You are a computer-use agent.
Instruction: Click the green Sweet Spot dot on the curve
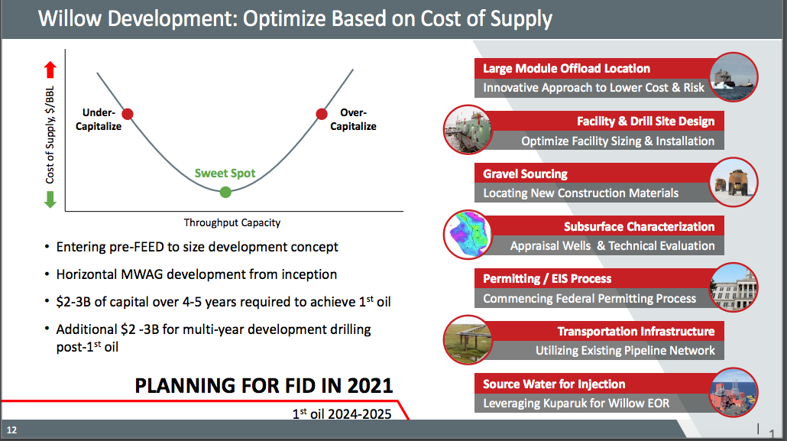225,192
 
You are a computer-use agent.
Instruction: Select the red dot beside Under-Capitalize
128,114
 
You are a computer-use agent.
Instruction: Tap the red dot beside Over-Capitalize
322,114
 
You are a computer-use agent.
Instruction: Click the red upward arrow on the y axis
50,70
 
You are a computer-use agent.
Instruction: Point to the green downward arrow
50,199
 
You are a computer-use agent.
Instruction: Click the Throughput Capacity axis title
232,222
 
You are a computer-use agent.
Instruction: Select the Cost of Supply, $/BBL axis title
50,135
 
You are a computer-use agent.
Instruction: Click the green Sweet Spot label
225,173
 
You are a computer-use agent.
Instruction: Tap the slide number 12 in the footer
11,430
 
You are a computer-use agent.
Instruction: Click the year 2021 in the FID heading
370,386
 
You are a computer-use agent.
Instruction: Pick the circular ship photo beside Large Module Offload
734,77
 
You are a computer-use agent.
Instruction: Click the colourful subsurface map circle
468,235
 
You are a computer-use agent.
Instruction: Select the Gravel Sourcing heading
525,173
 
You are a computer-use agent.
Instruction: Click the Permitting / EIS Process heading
547,279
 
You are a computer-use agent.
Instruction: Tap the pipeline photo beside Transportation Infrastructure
468,340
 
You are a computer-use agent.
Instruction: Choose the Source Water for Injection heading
554,384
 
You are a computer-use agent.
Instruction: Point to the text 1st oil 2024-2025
342,413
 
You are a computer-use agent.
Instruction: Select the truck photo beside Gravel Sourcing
734,183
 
